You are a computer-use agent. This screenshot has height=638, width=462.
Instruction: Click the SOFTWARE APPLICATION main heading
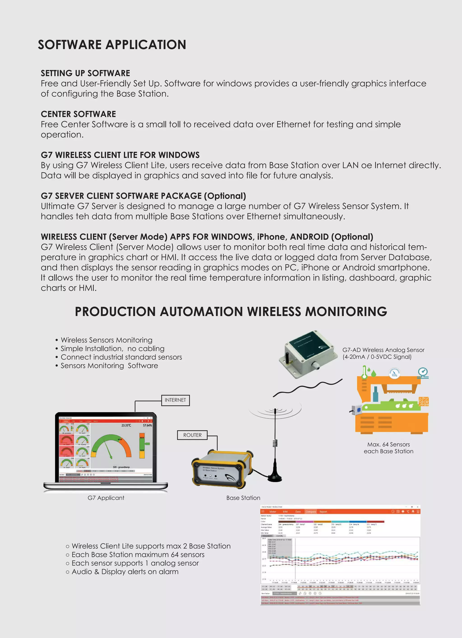pyautogui.click(x=112, y=45)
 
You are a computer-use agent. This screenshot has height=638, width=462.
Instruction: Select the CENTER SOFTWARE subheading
pyautogui.click(x=78, y=114)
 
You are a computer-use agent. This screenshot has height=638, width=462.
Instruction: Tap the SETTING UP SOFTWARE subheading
pyautogui.click(x=85, y=73)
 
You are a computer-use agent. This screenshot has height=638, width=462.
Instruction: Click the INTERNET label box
pyautogui.click(x=175, y=400)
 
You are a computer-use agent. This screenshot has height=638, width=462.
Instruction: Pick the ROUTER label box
pyautogui.click(x=192, y=435)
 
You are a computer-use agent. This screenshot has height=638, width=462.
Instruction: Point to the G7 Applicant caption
pyautogui.click(x=106, y=498)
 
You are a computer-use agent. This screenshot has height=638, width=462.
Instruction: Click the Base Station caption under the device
pyautogui.click(x=243, y=498)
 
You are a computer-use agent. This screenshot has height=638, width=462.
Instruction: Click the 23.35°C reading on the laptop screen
pyautogui.click(x=126, y=425)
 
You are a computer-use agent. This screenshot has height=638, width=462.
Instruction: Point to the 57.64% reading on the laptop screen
pyautogui.click(x=147, y=425)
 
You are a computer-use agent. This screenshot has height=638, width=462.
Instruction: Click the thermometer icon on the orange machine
pyautogui.click(x=364, y=372)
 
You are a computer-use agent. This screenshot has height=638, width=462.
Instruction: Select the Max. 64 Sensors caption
pyautogui.click(x=388, y=447)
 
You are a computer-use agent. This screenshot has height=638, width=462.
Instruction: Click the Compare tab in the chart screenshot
pyautogui.click(x=310, y=512)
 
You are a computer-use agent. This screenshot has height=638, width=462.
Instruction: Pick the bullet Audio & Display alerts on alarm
pyautogui.click(x=125, y=572)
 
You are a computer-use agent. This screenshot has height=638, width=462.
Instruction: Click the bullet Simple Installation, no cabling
pyautogui.click(x=112, y=348)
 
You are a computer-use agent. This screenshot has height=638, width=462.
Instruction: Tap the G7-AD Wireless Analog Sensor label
pyautogui.click(x=383, y=350)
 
